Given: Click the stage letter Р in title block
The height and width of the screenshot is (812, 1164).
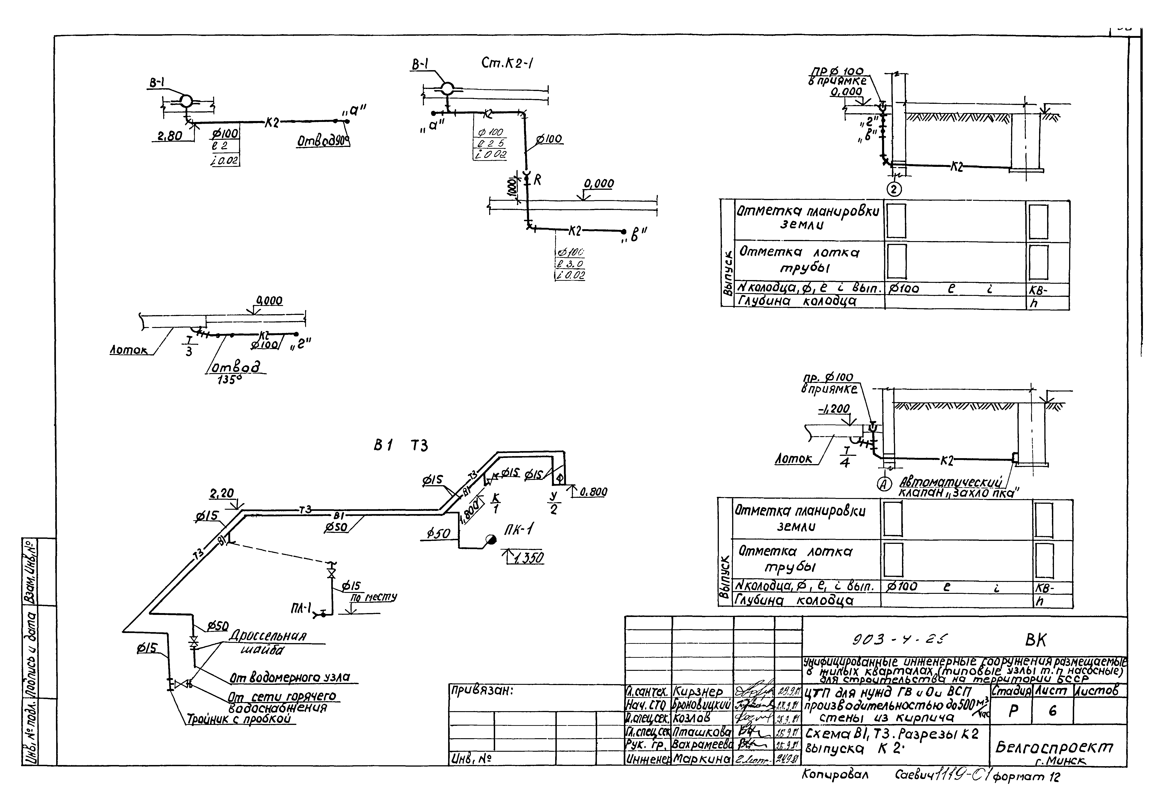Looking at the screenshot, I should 1013,711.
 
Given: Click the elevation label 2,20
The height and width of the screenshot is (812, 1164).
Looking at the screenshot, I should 222,493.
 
